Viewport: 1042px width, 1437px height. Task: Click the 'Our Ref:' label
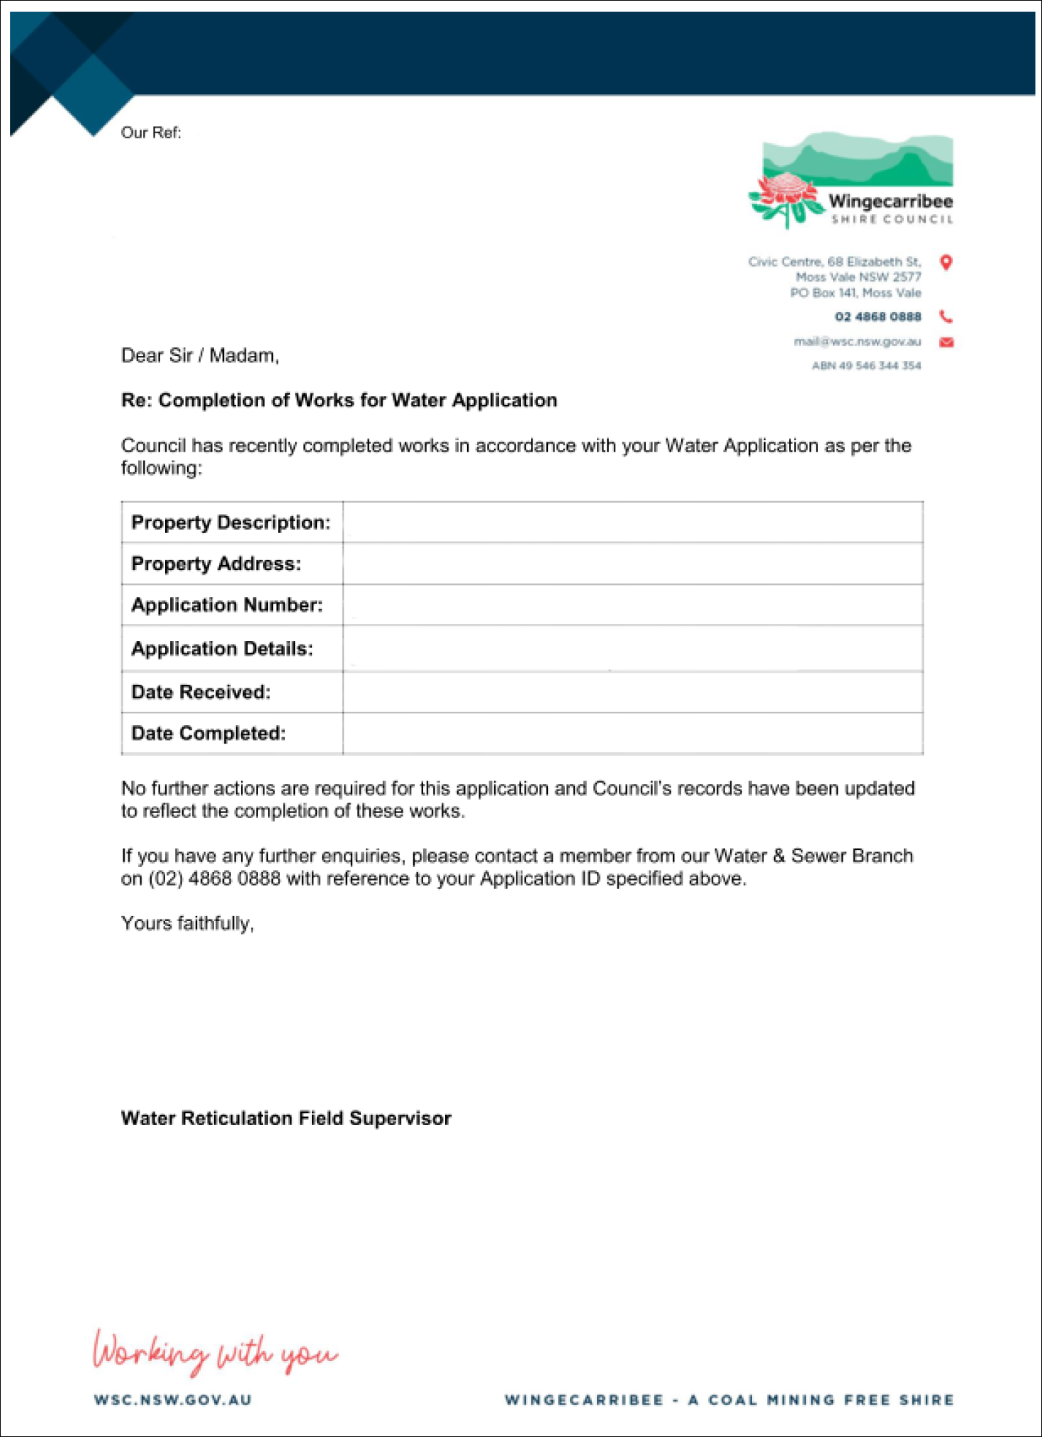tap(151, 133)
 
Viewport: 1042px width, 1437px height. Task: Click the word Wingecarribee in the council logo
tap(890, 201)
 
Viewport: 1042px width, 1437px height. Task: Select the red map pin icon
tap(946, 262)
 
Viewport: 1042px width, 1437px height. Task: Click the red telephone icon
tap(946, 316)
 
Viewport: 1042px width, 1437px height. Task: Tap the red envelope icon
tap(946, 342)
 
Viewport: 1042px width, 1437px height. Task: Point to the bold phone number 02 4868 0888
tap(878, 317)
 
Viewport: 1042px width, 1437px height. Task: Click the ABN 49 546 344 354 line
tap(866, 366)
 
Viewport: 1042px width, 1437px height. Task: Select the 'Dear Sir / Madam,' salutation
tap(200, 355)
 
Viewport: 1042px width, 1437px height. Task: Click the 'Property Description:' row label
tap(231, 522)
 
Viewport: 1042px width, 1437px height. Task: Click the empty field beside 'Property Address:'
tap(632, 564)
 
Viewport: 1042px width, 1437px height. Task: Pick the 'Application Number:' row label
tap(227, 605)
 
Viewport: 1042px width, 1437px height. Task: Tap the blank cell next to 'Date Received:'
tap(632, 692)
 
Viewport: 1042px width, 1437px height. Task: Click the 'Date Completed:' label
tap(208, 733)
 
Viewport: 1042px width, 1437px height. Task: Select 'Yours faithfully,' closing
tap(188, 923)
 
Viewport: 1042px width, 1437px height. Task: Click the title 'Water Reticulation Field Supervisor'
tap(286, 1118)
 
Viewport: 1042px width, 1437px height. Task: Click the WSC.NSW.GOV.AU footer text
tap(173, 1400)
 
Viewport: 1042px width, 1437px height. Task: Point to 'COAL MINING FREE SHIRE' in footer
tap(831, 1400)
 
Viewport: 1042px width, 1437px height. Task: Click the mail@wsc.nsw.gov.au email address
tap(857, 342)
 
